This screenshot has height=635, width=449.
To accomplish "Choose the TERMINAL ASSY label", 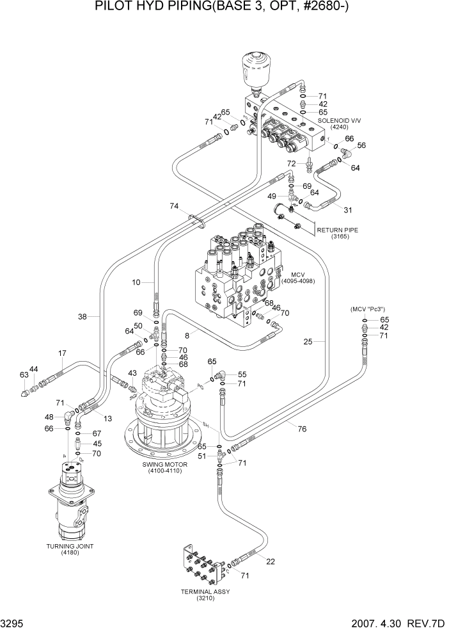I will [206, 595].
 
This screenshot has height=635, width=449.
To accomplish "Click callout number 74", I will [174, 206].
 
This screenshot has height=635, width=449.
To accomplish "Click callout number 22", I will [271, 561].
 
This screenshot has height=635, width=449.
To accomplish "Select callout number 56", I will [362, 145].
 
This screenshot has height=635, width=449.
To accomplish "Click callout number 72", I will [291, 164].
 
